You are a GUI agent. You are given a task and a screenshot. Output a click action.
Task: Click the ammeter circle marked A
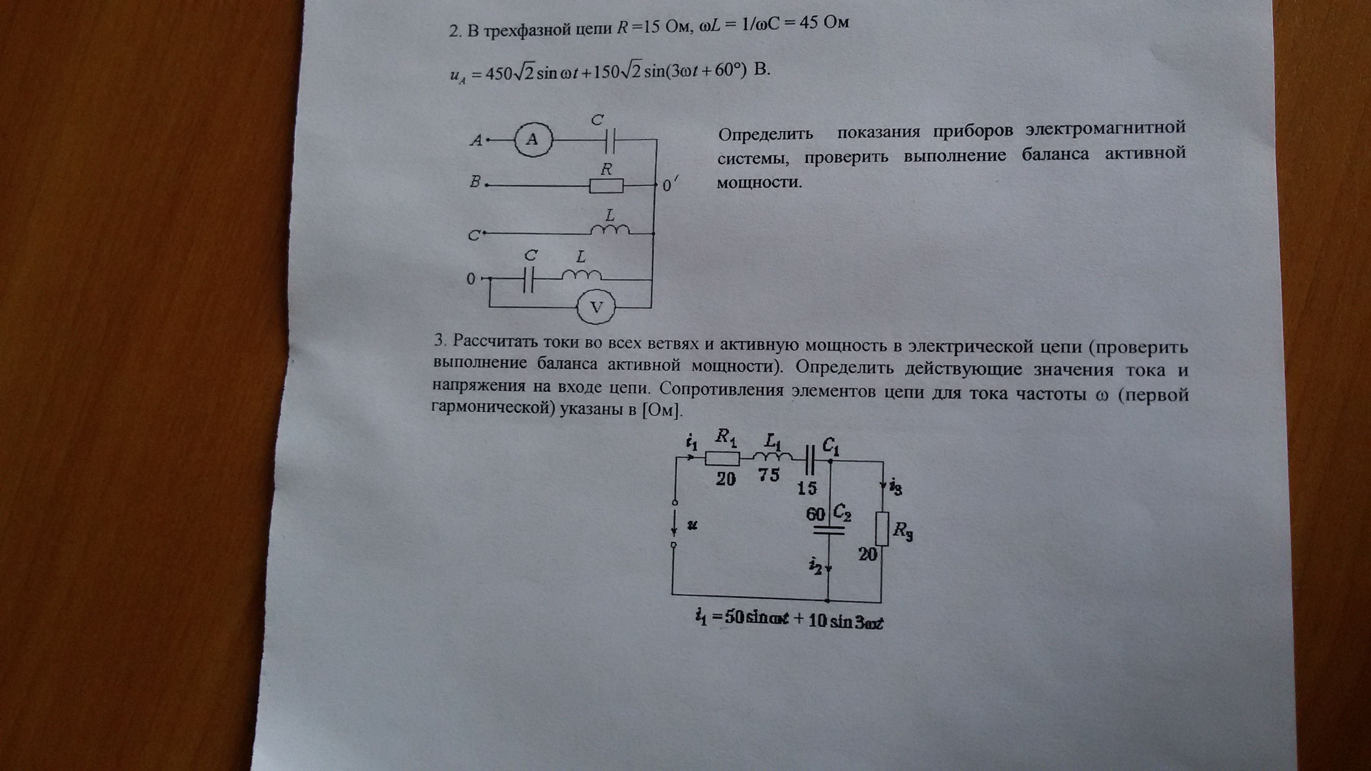[x=534, y=140]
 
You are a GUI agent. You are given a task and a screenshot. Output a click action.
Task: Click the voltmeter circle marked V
[x=596, y=307]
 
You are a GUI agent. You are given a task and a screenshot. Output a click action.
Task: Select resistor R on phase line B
[x=606, y=186]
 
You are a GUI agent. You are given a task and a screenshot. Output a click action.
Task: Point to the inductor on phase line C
[x=610, y=229]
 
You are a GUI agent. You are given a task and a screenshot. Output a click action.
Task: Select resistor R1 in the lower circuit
[x=722, y=458]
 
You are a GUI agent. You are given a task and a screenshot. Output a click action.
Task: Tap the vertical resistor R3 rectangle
[x=882, y=528]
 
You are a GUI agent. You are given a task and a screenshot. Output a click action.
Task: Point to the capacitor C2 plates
[x=829, y=530]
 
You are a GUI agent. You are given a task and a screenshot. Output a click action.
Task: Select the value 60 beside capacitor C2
[x=815, y=514]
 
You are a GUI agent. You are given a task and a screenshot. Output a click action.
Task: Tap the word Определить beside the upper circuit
[x=765, y=134]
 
